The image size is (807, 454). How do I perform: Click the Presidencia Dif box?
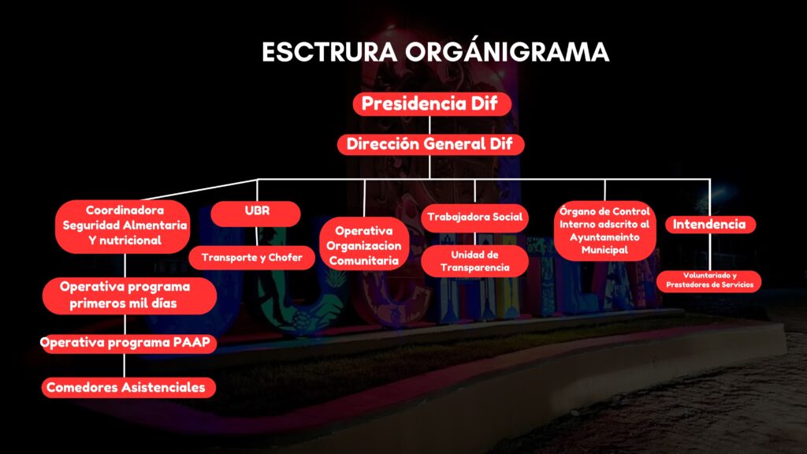coord(432,104)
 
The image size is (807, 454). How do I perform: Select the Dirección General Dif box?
coord(431,144)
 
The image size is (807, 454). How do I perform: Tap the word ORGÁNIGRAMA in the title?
coord(507,52)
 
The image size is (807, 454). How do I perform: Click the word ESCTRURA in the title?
coord(329,53)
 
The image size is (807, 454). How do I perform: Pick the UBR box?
coord(256,214)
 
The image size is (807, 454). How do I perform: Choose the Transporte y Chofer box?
coord(251,258)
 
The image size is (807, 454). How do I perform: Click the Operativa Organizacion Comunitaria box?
coord(364,244)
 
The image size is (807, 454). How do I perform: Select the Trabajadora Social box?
coord(474,218)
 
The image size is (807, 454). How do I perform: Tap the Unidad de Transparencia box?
coord(474,261)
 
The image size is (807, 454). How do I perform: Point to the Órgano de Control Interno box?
coord(604,230)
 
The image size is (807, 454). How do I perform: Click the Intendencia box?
coord(710,225)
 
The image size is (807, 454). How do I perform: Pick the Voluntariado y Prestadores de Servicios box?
coord(708,281)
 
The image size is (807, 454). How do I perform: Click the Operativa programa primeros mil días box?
coord(129,296)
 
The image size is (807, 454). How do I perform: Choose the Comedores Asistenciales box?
coord(128,388)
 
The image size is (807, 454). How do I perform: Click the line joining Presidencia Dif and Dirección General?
coord(430,125)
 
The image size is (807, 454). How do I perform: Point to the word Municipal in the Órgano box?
coord(604,250)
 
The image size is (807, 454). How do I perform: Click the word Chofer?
coord(285,258)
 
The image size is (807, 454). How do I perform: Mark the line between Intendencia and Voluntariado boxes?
coord(711,252)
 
